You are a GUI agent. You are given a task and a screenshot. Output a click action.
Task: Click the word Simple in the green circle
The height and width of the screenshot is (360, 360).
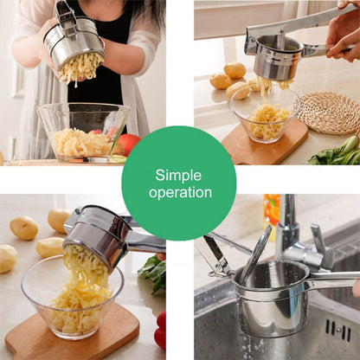click(x=178, y=175)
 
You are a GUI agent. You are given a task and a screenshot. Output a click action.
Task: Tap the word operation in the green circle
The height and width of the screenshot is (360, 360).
click(x=179, y=192)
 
